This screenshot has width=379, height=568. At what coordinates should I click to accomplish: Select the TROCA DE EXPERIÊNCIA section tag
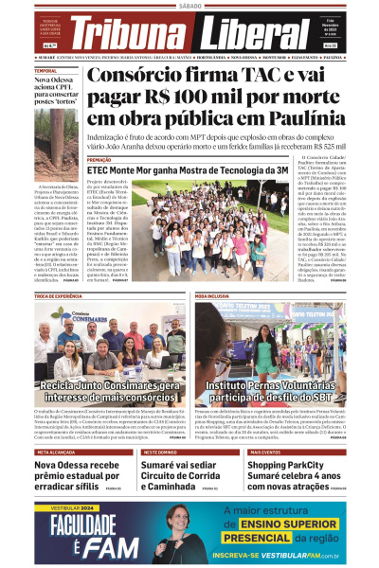[x=60, y=296]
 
